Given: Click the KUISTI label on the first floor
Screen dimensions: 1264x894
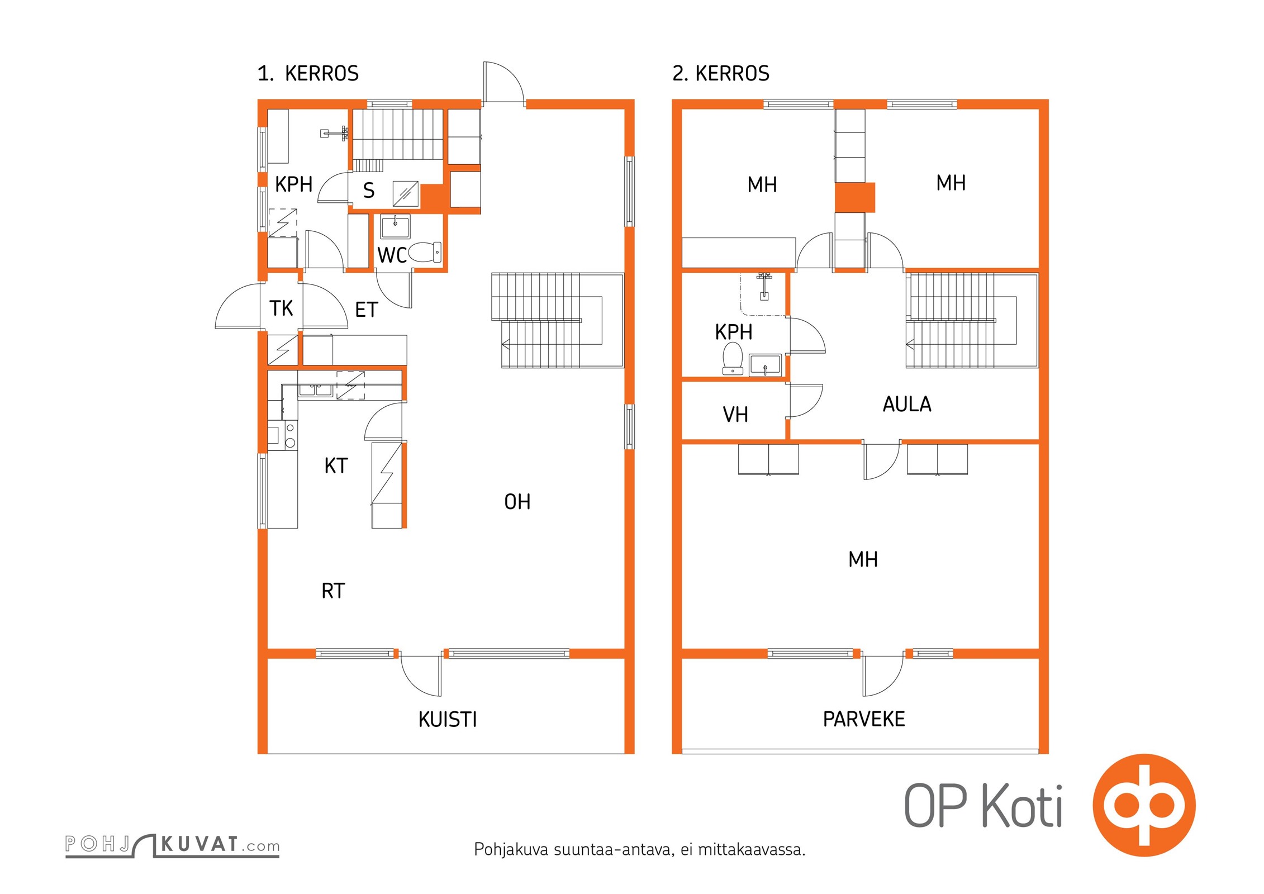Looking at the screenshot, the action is click(x=448, y=719).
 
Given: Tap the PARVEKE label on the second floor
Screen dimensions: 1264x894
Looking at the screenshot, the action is click(x=864, y=719).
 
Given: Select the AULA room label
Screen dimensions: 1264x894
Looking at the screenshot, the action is click(x=907, y=404).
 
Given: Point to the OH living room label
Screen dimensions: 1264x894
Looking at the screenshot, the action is click(x=517, y=502).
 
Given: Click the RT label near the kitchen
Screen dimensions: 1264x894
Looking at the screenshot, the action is click(x=333, y=591).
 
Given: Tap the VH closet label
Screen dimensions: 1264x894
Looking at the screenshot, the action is click(x=735, y=415).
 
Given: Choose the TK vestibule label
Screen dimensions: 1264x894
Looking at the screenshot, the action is click(x=281, y=308).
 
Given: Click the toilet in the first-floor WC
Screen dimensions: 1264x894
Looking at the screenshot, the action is click(x=425, y=252).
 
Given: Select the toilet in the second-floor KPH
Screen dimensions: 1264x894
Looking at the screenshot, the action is click(x=733, y=358).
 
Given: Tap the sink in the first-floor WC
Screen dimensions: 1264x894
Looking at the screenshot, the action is click(x=395, y=227).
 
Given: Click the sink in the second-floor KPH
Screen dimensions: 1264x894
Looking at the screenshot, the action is click(x=766, y=365).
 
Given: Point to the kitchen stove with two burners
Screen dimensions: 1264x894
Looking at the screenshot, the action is click(x=290, y=435).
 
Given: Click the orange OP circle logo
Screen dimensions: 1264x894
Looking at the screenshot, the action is click(x=1144, y=805).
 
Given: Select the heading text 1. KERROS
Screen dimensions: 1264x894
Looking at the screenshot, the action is click(x=308, y=73).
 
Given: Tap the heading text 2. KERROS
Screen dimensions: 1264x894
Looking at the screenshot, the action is click(x=721, y=73).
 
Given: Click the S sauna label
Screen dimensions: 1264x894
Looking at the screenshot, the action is click(x=369, y=191).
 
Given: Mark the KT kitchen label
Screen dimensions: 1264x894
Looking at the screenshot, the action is click(x=336, y=465).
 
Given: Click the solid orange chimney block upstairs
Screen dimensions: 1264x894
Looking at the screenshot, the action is click(x=855, y=197).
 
